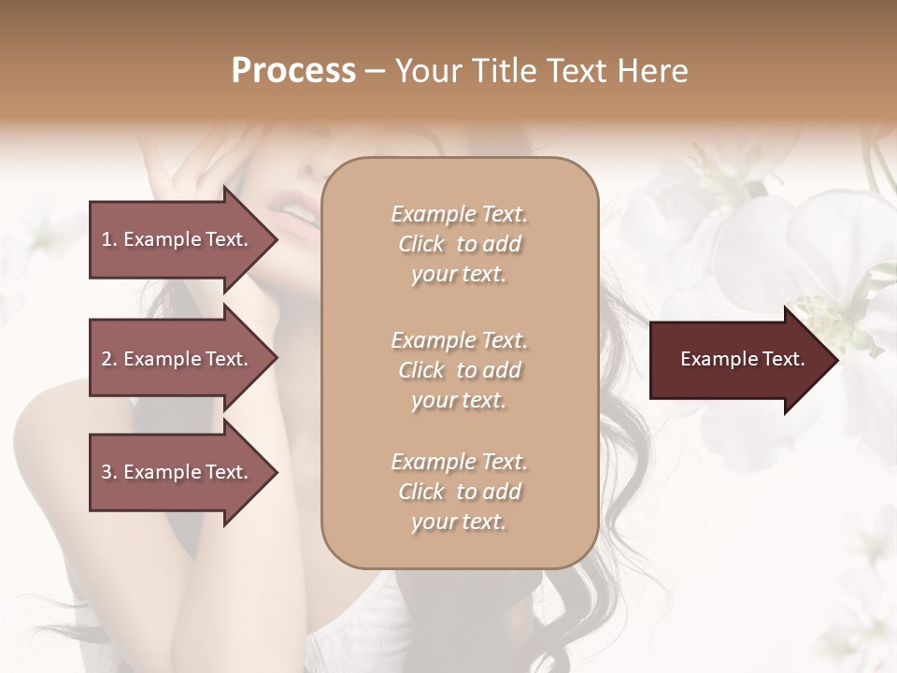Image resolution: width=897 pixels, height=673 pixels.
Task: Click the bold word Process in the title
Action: click(293, 71)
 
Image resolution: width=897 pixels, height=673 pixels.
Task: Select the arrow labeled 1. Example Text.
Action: click(178, 239)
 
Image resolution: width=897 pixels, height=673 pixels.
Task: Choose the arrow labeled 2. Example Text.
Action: click(178, 359)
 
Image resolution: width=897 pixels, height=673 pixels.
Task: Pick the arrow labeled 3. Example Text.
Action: click(178, 472)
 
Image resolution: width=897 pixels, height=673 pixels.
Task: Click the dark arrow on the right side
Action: click(738, 360)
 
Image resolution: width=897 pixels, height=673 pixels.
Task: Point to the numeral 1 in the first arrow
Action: click(107, 239)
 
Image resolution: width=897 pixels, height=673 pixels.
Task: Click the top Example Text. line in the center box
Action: click(459, 214)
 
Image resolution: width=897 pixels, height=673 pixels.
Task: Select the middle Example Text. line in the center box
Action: click(459, 339)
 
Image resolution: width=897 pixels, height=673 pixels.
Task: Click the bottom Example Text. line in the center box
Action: click(459, 462)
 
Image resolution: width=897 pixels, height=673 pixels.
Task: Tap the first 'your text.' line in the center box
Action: click(459, 275)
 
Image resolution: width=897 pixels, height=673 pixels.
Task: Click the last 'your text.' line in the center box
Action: click(459, 523)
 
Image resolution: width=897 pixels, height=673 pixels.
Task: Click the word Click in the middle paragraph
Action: click(421, 370)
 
